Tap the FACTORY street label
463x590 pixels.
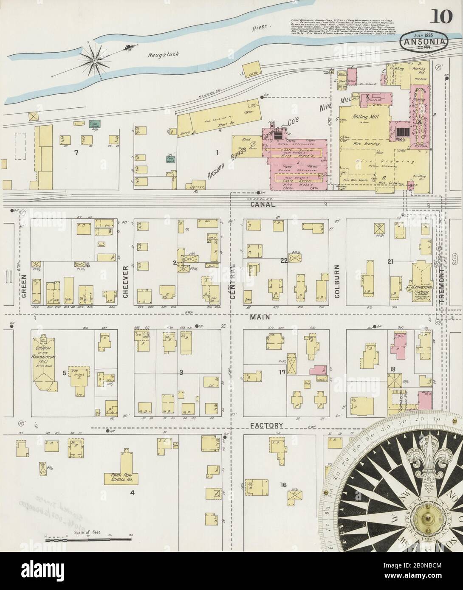coord(267,425)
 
